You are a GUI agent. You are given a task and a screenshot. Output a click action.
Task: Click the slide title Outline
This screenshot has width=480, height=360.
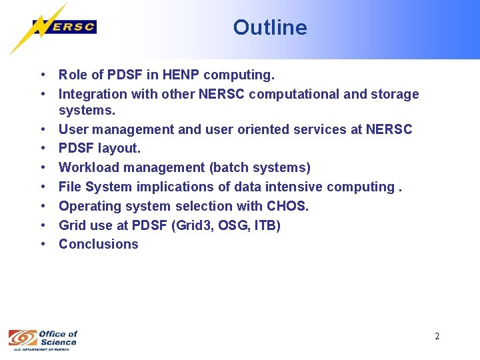270,27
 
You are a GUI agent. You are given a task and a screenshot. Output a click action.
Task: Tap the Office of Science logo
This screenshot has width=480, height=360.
43,339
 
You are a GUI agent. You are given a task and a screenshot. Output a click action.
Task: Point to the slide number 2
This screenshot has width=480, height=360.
437,336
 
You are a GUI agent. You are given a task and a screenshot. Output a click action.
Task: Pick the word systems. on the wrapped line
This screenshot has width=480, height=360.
87,110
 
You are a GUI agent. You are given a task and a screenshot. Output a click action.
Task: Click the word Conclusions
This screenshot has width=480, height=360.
99,244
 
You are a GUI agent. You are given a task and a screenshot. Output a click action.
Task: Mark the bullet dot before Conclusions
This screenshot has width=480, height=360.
42,244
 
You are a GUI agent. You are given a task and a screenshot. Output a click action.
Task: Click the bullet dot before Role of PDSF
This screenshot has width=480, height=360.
42,75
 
